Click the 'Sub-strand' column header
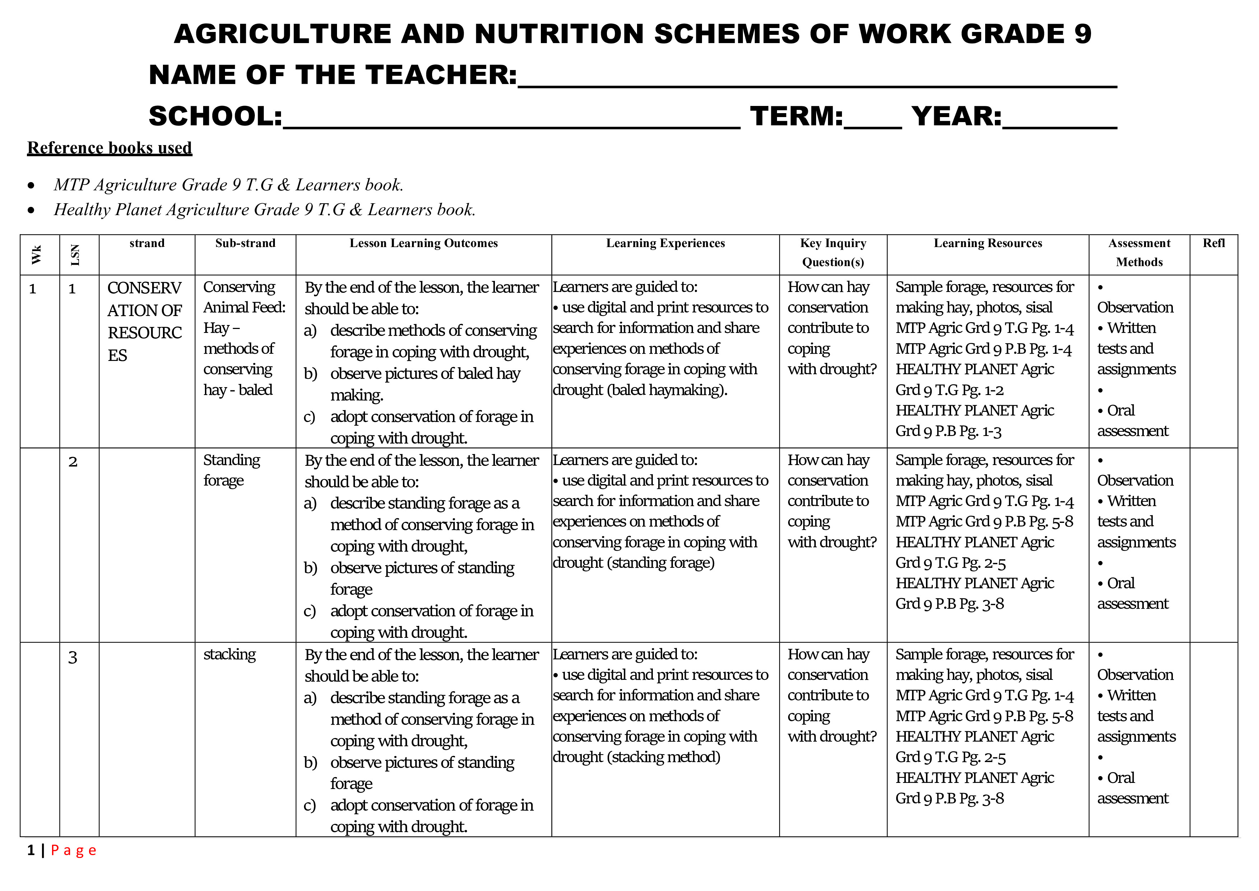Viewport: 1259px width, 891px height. point(245,243)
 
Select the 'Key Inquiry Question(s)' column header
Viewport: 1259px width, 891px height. point(833,252)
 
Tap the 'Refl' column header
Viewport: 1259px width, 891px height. point(1213,243)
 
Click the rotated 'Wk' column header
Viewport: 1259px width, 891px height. point(37,255)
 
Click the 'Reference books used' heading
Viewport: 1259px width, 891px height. point(110,148)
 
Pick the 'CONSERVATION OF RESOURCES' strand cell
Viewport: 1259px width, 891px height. point(145,321)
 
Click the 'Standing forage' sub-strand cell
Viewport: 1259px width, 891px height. point(231,470)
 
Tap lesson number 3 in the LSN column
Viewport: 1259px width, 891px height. point(72,657)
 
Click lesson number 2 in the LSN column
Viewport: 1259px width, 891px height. point(73,462)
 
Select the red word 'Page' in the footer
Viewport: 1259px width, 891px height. point(74,850)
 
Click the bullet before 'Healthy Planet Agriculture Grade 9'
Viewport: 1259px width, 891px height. point(31,210)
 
